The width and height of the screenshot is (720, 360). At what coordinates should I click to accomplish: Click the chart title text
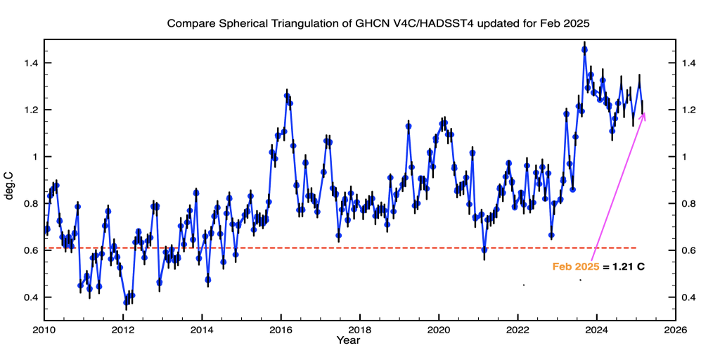pyautogui.click(x=378, y=23)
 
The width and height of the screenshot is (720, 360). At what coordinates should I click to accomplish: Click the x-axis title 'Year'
pyautogui.click(x=348, y=341)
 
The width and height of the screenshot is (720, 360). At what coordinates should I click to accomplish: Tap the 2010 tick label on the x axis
pyautogui.click(x=44, y=329)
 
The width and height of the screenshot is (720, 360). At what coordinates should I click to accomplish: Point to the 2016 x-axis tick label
pyautogui.click(x=281, y=329)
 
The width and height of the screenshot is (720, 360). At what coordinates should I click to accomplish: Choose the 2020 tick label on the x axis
pyautogui.click(x=439, y=329)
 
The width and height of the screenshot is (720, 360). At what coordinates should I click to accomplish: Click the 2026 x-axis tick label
pyautogui.click(x=676, y=329)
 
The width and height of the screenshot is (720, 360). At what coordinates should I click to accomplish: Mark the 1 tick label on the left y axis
pyautogui.click(x=34, y=157)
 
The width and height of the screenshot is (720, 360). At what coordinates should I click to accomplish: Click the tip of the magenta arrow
pyautogui.click(x=645, y=112)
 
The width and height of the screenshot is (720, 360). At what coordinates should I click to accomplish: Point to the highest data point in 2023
pyautogui.click(x=584, y=49)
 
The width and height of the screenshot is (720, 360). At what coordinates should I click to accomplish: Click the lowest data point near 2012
pyautogui.click(x=126, y=302)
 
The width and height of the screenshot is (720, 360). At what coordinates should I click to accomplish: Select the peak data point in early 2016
pyautogui.click(x=287, y=96)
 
